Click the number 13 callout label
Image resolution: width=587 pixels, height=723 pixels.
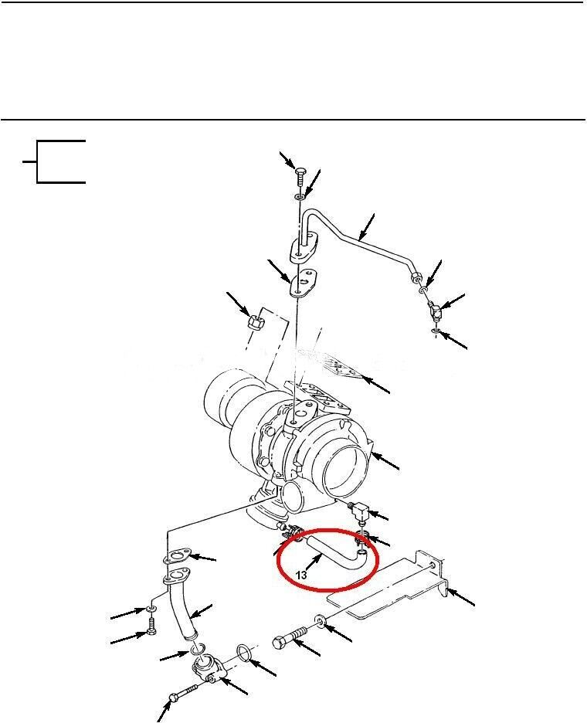coord(300,575)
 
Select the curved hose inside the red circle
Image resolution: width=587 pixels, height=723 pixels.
coord(337,550)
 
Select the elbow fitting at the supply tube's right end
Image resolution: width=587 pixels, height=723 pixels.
coord(435,311)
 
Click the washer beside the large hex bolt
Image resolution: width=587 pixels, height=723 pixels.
coord(321,620)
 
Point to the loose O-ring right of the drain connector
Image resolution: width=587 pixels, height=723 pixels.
coord(244,653)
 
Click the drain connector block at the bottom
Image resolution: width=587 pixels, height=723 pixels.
coord(208,670)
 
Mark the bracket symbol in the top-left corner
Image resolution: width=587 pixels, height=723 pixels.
coord(54,161)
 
